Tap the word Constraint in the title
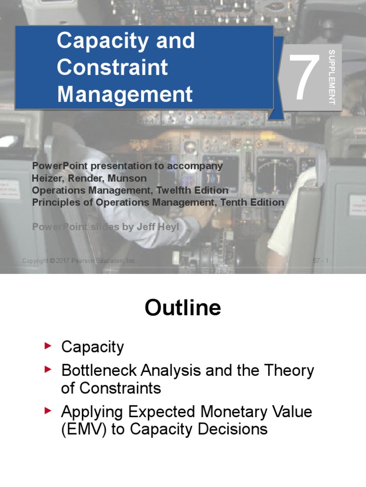[112, 67]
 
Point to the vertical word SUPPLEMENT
[332, 77]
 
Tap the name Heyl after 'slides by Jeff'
[169, 227]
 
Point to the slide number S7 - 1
[320, 261]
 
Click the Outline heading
[183, 308]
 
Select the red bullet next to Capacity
[47, 346]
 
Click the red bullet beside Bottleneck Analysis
[47, 370]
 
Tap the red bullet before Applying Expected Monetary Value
[47, 410]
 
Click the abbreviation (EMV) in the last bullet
[83, 430]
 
